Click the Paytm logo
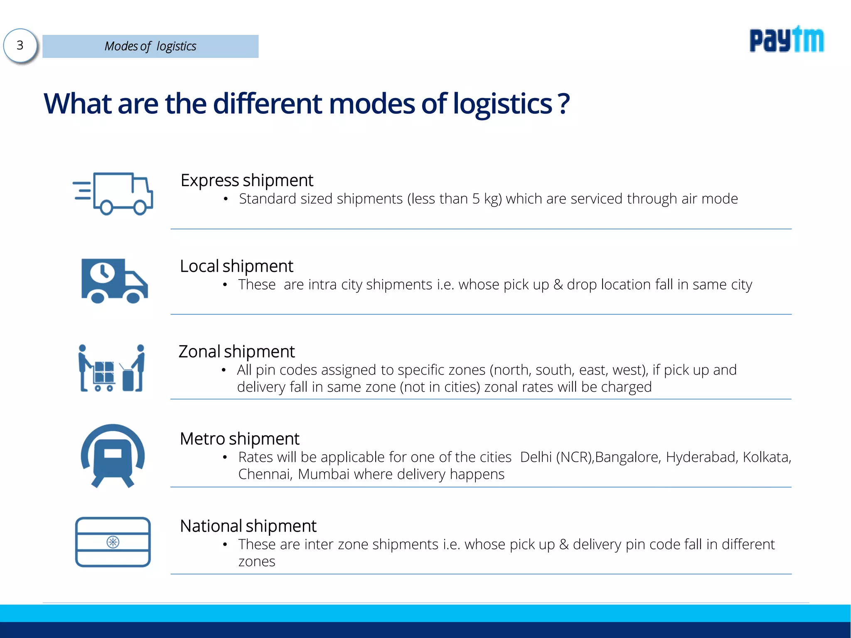point(786,40)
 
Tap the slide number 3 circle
point(20,45)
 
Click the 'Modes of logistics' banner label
point(150,46)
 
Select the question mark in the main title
point(563,104)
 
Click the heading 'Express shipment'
point(247,180)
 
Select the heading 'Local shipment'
point(236,266)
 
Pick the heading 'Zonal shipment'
point(236,352)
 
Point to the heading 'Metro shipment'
point(239,439)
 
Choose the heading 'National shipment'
point(248,526)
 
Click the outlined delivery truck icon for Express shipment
point(113,194)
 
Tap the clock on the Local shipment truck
point(102,272)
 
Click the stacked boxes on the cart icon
point(104,372)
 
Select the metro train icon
point(113,455)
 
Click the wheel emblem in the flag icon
point(113,542)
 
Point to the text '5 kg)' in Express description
point(487,199)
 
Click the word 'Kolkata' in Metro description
point(766,457)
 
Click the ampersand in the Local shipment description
point(558,285)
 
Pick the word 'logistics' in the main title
point(502,104)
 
